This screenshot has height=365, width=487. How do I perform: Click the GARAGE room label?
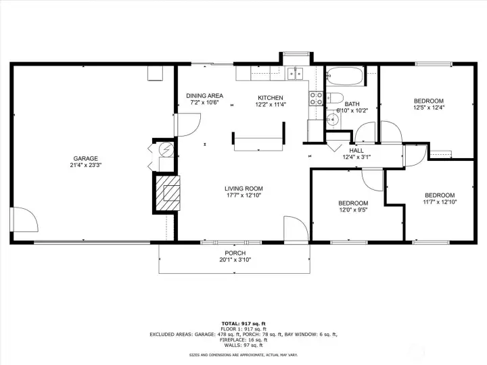[x=85, y=158]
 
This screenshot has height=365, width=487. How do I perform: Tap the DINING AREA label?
[x=205, y=95]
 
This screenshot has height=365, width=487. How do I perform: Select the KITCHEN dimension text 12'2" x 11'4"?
[x=271, y=105]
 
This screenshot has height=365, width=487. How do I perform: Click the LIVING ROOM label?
[x=243, y=189]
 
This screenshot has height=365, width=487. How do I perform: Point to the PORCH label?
[x=235, y=253]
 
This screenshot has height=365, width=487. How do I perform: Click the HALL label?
[x=356, y=151]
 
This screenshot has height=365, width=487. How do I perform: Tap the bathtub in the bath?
[x=344, y=76]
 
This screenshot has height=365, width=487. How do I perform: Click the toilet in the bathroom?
[x=334, y=98]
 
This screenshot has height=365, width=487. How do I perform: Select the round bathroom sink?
[x=332, y=119]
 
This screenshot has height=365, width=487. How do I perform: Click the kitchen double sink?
[x=295, y=74]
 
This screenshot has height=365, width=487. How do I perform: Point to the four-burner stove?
[x=316, y=99]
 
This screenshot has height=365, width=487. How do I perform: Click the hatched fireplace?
[x=168, y=193]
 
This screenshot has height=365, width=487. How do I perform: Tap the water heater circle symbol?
[x=166, y=149]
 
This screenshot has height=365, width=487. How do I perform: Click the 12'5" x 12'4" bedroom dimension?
[x=429, y=107]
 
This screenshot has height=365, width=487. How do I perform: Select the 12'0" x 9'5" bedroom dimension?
[x=353, y=210]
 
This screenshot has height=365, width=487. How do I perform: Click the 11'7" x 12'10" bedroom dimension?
[x=440, y=202]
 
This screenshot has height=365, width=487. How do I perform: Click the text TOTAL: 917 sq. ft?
[x=243, y=324]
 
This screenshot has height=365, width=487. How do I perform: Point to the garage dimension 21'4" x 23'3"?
[x=86, y=165]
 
